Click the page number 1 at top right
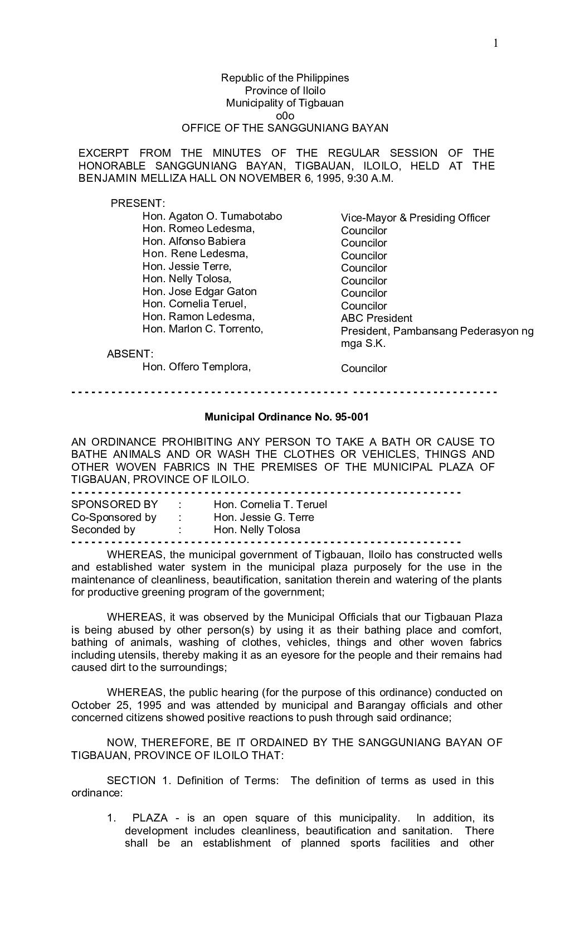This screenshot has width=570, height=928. (x=495, y=43)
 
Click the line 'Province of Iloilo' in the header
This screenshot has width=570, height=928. (x=285, y=90)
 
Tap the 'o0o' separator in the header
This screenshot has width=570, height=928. (x=285, y=115)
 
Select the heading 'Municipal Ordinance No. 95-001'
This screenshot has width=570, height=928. (x=286, y=417)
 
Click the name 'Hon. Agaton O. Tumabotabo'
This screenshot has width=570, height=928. (x=212, y=216)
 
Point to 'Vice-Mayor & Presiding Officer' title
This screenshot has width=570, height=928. (x=415, y=218)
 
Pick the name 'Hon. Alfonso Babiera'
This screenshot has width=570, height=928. (x=194, y=241)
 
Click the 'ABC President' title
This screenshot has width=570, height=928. (x=377, y=318)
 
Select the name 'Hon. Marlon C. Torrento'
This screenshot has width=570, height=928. (x=202, y=328)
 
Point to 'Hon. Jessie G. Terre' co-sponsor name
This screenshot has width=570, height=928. (x=264, y=518)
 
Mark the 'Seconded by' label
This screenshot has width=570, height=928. (x=103, y=530)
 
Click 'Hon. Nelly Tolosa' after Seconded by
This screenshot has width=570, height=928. (x=256, y=530)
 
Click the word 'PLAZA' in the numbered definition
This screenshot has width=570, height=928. (x=150, y=818)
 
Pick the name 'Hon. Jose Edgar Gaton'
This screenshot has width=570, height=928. (x=199, y=291)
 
